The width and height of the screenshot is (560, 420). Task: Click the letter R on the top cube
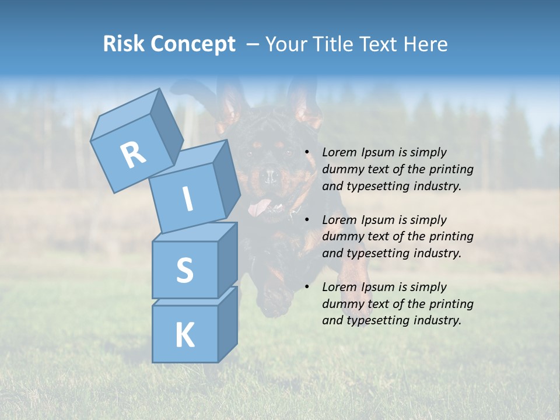point(133,155)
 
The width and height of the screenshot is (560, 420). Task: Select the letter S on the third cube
point(184,270)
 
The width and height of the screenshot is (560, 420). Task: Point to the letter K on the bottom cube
point(184,335)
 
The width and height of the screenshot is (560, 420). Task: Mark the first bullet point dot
point(307,153)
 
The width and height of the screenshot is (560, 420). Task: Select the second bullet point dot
point(307,220)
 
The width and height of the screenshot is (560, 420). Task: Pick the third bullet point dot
point(307,288)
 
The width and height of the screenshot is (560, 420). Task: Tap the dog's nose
point(269,176)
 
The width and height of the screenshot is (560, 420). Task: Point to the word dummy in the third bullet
point(342,304)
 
